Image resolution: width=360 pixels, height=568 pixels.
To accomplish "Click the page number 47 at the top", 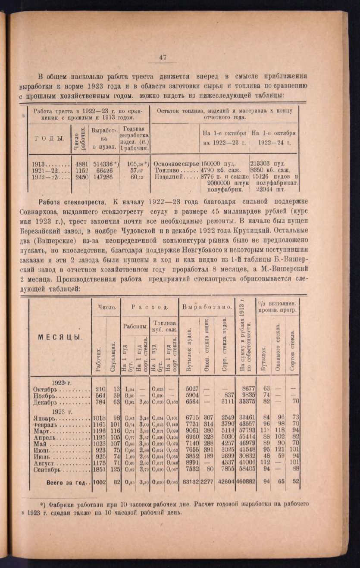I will pyautogui.click(x=163, y=57).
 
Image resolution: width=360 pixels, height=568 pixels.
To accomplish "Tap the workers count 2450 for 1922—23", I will pyautogui.click(x=81, y=176).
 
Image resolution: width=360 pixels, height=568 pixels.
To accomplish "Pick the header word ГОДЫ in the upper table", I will pyautogui.click(x=49, y=138).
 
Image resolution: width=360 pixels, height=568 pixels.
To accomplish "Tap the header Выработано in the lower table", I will pyautogui.click(x=207, y=307).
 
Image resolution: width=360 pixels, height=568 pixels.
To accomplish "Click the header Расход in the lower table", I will pyautogui.click(x=149, y=307).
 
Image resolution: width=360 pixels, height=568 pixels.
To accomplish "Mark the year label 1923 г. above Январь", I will pyautogui.click(x=61, y=411).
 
